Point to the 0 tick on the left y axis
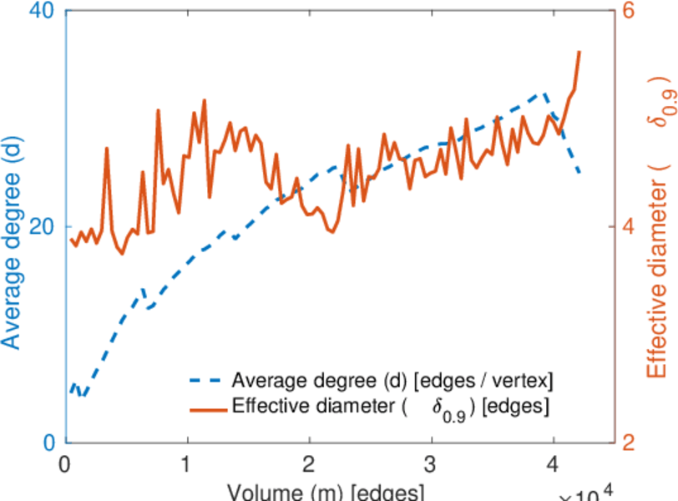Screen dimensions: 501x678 (x=48, y=443)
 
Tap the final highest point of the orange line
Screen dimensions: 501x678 (x=579, y=52)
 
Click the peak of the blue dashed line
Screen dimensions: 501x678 (x=544, y=94)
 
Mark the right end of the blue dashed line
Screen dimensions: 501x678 (x=579, y=173)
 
